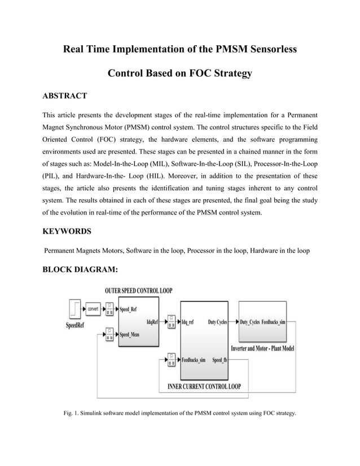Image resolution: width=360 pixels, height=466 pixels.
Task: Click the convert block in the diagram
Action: tap(93, 309)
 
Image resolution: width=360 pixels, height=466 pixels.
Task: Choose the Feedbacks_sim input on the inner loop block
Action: tap(193, 359)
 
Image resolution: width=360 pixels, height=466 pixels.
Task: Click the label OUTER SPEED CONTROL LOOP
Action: tap(139, 291)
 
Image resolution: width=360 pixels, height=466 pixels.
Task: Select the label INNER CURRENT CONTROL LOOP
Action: tap(204, 387)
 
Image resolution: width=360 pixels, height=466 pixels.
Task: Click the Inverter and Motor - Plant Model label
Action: tap(263, 349)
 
